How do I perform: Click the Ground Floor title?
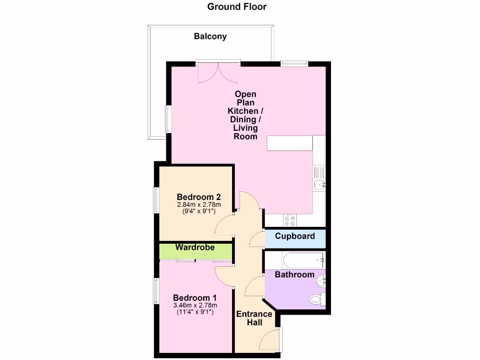(x=237, y=7)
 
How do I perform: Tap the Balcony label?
(x=210, y=36)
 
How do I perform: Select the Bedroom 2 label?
(x=199, y=197)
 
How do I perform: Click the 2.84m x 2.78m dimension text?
(x=199, y=205)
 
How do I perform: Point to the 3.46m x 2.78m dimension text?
(x=195, y=306)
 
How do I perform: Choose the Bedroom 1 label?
(x=195, y=298)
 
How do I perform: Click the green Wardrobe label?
(x=195, y=247)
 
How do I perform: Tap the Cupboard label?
(x=295, y=236)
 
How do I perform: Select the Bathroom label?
(x=294, y=274)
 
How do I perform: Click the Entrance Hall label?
(x=254, y=318)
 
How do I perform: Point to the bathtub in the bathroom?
(x=295, y=259)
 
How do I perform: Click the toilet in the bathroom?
(x=317, y=298)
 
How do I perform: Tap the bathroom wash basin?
(x=322, y=281)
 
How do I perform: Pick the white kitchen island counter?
(x=290, y=143)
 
